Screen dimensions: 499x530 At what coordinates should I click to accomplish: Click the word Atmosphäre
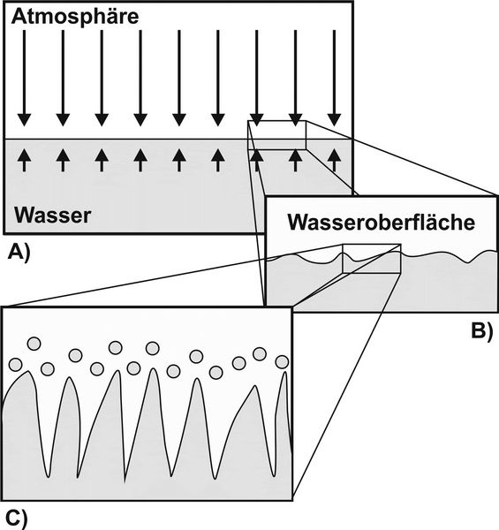pos(75,17)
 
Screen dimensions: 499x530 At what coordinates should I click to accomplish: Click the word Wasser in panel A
pos(53,215)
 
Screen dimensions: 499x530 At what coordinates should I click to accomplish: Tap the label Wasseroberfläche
pos(381,222)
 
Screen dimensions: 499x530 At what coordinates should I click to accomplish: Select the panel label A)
pos(19,253)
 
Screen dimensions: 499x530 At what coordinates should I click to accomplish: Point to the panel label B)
pos(482,331)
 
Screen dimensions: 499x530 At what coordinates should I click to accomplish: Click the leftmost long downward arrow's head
pos(24,120)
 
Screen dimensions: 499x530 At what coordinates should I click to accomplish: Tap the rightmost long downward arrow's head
pos(335,120)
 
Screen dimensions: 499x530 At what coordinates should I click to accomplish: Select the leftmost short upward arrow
pos(24,160)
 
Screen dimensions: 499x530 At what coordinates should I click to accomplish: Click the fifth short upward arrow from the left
pos(179,160)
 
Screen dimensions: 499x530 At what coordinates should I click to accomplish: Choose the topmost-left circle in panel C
pos(34,344)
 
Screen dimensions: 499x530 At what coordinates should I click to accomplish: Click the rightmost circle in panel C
pos(282,362)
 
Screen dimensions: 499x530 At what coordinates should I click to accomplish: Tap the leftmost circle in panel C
pos(15,365)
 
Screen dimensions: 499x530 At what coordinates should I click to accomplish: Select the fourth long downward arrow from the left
pos(140,78)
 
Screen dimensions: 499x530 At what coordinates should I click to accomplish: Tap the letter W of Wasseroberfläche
pos(300,223)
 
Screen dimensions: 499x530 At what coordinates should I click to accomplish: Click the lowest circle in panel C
pos(215,373)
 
